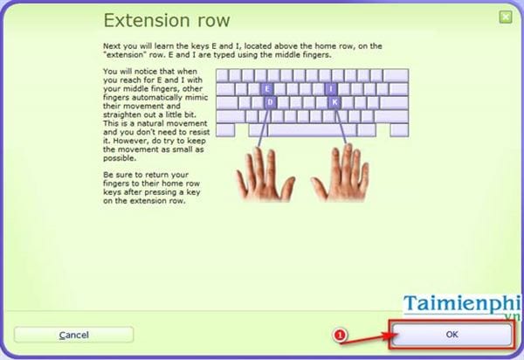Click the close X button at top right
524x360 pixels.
coord(506,17)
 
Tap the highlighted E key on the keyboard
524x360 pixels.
coord(267,88)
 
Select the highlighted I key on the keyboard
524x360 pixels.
coord(331,88)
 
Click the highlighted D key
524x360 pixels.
coord(271,101)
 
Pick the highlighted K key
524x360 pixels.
coord(334,101)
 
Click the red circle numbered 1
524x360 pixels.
coord(341,335)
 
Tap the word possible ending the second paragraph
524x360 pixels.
coord(120,159)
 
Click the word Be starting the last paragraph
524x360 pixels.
coord(107,176)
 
